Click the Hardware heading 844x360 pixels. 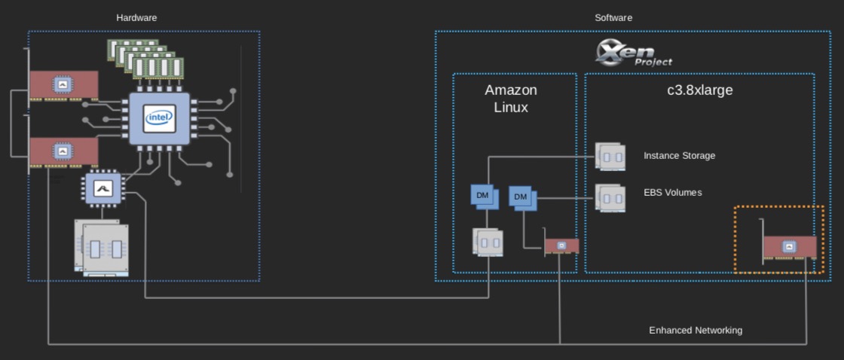tap(136, 17)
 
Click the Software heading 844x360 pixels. tap(613, 17)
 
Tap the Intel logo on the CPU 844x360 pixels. tap(160, 118)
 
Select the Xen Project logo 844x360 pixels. tap(633, 53)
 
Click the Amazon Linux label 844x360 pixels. tap(511, 99)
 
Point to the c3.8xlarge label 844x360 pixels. tap(695, 90)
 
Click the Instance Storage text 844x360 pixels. tap(679, 156)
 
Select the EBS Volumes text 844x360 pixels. tap(672, 193)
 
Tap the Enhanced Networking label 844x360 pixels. tap(696, 330)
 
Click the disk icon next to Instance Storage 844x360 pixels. tap(609, 157)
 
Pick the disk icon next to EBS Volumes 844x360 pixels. tap(609, 197)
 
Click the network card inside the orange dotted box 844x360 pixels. tap(789, 246)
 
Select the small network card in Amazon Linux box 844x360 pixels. tap(561, 246)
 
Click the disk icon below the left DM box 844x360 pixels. tap(488, 241)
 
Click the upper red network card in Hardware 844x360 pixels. tap(63, 86)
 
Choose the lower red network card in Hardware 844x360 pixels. tap(63, 152)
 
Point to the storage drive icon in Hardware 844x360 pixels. tap(102, 247)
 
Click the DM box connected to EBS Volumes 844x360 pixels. tap(521, 197)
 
